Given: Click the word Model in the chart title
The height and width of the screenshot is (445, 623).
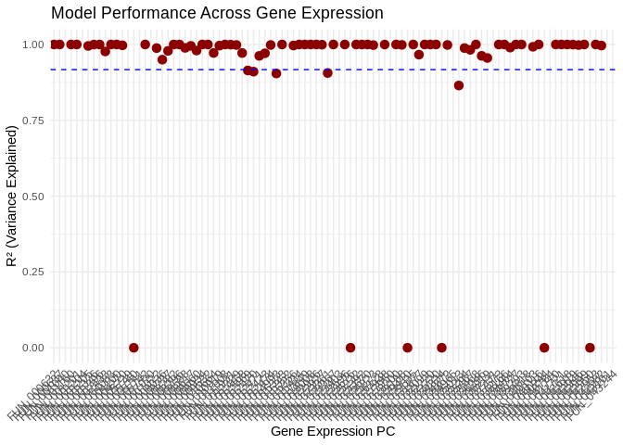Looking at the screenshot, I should point(73,14).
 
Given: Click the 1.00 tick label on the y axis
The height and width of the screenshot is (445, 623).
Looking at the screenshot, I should point(33,44).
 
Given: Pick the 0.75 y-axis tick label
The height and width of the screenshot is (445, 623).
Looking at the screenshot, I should point(33,121).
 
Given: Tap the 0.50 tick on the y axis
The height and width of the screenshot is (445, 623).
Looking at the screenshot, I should point(33,197).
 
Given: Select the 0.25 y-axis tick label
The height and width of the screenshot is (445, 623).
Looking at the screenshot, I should point(33,272).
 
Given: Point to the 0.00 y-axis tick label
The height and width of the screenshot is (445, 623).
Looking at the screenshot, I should point(33,348).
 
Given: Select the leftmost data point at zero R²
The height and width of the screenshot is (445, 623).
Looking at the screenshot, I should point(133,348).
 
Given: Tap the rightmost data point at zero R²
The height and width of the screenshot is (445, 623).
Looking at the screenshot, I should point(590,348).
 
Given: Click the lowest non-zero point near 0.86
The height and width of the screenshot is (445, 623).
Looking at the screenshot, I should point(459,85).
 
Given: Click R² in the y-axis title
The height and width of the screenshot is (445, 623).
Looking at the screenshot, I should point(12,256).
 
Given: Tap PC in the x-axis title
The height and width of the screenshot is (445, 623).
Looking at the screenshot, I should point(385,431).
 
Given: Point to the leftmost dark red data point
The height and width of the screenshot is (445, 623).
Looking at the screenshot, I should point(55,44).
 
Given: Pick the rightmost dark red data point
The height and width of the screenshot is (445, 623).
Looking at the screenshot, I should point(601,45).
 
